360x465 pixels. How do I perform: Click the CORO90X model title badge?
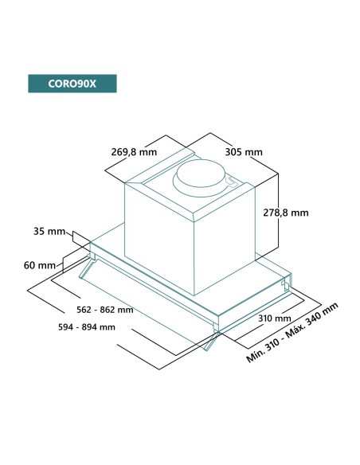tap(71, 84)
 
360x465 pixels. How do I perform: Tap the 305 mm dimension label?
tap(244, 152)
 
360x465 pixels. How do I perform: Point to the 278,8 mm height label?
tap(284, 213)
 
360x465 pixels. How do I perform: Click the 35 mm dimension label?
tap(49, 232)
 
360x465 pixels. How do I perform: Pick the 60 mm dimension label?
tap(40, 264)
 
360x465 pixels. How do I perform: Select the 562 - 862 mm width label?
tap(99, 310)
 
